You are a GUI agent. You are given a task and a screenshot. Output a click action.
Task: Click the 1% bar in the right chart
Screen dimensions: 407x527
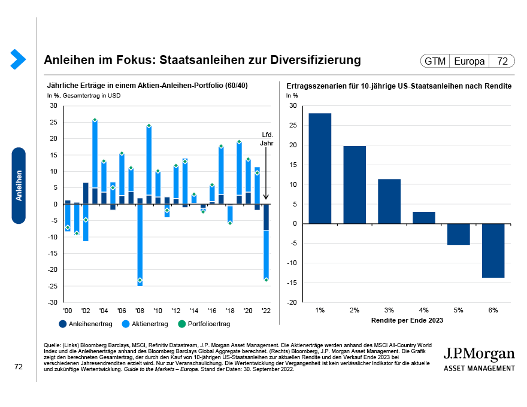tap(320, 168)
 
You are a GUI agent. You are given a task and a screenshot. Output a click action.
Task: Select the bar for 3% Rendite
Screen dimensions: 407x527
tap(389, 201)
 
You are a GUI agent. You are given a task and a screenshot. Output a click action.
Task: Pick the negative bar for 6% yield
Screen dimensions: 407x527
tap(493, 250)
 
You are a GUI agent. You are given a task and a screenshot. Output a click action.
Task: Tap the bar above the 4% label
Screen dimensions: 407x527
tap(424, 218)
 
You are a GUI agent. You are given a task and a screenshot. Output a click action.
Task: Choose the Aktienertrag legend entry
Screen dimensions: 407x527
tap(145, 324)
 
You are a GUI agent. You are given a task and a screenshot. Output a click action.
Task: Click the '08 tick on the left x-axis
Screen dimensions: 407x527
tap(140, 311)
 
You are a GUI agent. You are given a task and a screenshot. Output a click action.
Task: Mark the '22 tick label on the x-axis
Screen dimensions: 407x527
tap(265, 311)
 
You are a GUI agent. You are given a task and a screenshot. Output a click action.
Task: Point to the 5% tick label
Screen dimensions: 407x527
tap(459, 310)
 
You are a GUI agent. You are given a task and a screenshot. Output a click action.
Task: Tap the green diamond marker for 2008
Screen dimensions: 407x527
tap(140, 280)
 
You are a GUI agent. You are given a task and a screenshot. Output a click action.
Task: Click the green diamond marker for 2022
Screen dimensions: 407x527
tap(266, 280)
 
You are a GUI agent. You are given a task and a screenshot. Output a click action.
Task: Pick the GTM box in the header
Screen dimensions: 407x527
tap(435, 61)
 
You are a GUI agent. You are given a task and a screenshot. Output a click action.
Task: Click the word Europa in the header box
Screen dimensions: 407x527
tap(470, 61)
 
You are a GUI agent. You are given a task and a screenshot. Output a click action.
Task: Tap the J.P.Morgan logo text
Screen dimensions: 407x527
tap(478, 353)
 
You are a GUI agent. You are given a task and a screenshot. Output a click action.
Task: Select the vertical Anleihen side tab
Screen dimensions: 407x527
tap(19, 186)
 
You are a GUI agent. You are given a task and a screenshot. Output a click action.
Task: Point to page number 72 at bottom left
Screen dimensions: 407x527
tap(19, 367)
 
